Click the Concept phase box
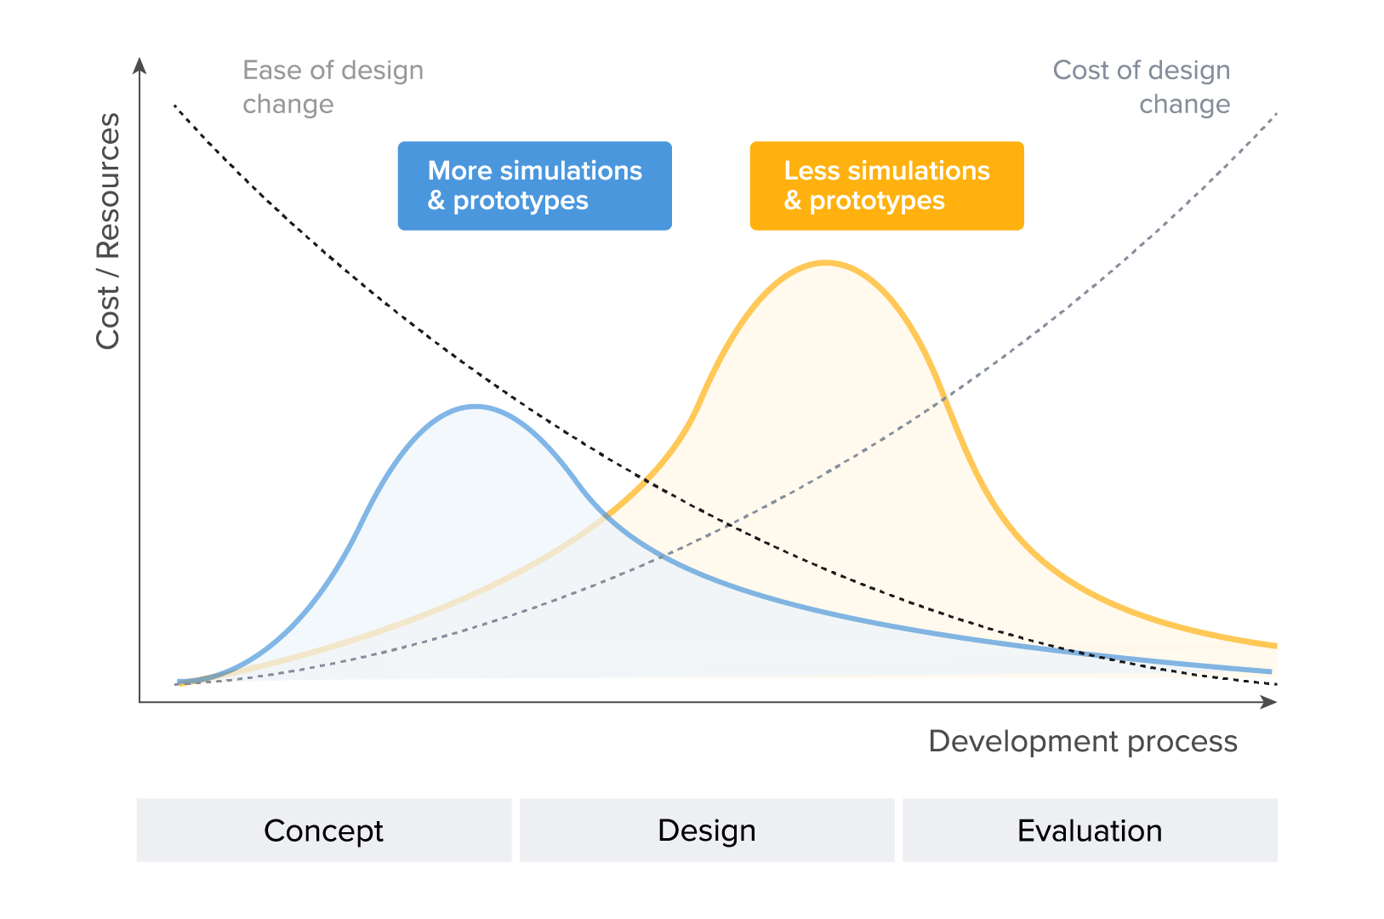[323, 830]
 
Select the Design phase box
[707, 830]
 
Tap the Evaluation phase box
[1090, 830]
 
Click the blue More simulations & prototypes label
[534, 186]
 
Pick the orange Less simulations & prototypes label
[886, 186]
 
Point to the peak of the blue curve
[476, 407]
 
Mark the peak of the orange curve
[826, 263]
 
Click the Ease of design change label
[333, 87]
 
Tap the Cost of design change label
[1142, 87]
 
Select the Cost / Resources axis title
[108, 231]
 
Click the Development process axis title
[1083, 741]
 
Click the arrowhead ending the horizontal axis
[1270, 702]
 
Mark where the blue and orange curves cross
[607, 515]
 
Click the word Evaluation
[1090, 831]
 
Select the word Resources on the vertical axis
[108, 186]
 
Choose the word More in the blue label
[460, 171]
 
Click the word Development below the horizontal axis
[1023, 741]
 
